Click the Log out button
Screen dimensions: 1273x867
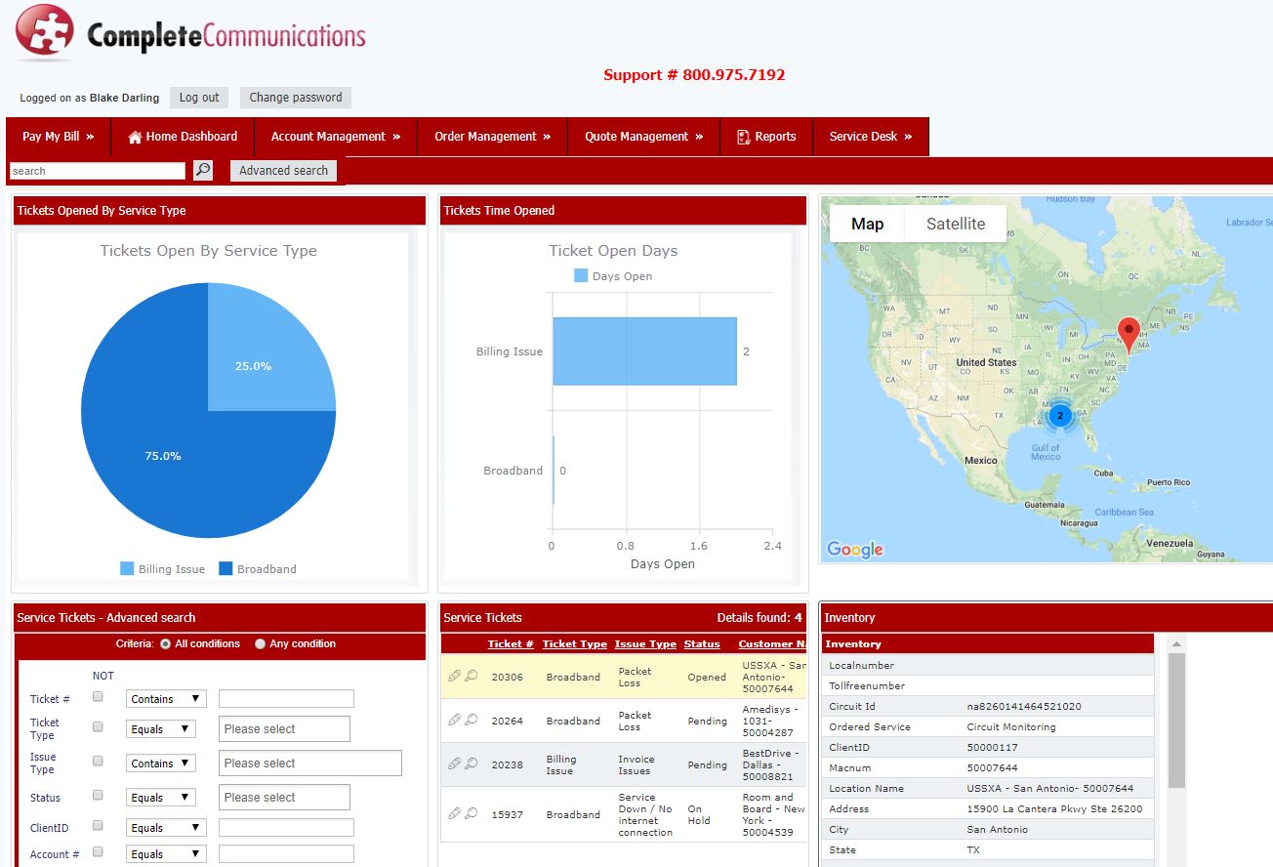pyautogui.click(x=199, y=98)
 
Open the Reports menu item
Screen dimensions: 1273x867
pyautogui.click(x=766, y=137)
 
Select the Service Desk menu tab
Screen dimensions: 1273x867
pyautogui.click(x=871, y=137)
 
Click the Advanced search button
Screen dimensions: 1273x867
pyautogui.click(x=283, y=171)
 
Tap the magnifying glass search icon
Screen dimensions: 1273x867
pyautogui.click(x=203, y=170)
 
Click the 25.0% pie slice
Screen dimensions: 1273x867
pyautogui.click(x=262, y=352)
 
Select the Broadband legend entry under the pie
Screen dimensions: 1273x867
pyautogui.click(x=258, y=568)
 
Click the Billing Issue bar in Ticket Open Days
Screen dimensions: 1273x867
pyautogui.click(x=644, y=351)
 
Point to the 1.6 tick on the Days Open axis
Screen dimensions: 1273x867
pyautogui.click(x=698, y=546)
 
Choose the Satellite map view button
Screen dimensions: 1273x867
pyautogui.click(x=956, y=224)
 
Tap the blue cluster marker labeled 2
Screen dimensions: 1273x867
pyautogui.click(x=1060, y=416)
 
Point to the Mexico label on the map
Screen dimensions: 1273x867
pyautogui.click(x=980, y=460)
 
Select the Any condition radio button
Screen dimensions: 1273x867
pyautogui.click(x=261, y=644)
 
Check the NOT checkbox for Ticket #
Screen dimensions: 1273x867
pyautogui.click(x=98, y=696)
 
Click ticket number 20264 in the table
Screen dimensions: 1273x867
pyautogui.click(x=507, y=721)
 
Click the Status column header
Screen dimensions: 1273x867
pyautogui.click(x=701, y=643)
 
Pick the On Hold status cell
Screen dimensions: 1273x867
pyautogui.click(x=698, y=814)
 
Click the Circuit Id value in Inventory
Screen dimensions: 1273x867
pyautogui.click(x=1024, y=706)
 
